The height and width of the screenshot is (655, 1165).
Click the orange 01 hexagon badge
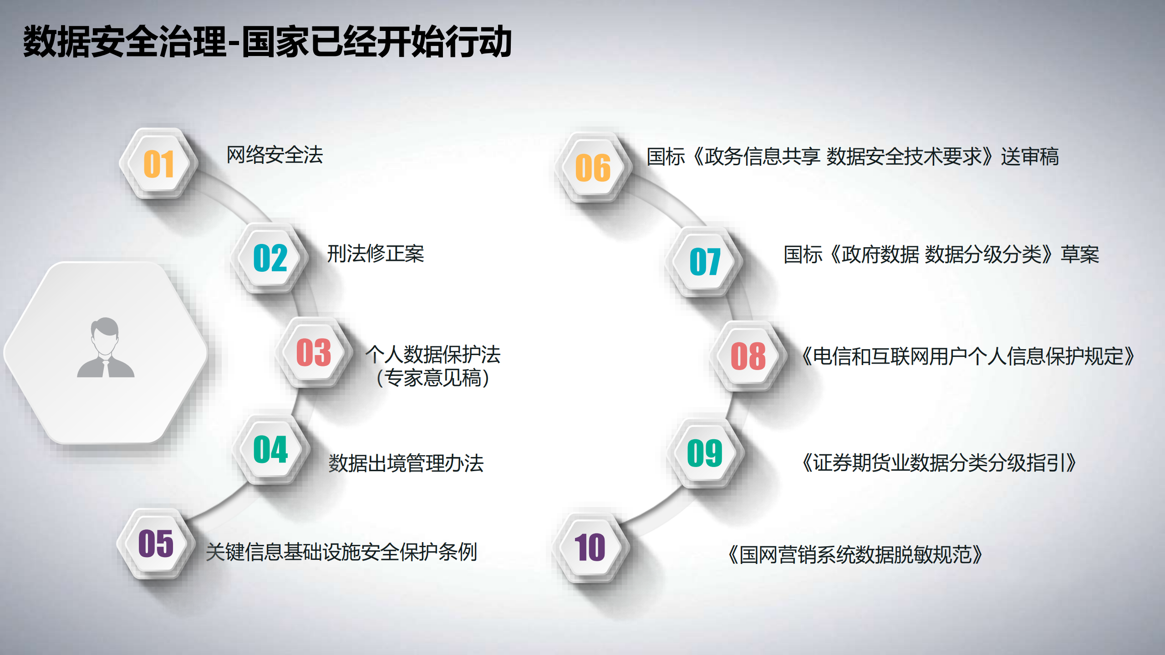pyautogui.click(x=158, y=164)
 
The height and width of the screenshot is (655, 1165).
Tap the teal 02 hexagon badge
pyautogui.click(x=270, y=258)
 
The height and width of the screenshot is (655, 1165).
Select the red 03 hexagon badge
pyautogui.click(x=314, y=352)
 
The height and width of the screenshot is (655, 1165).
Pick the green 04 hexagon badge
pyautogui.click(x=270, y=450)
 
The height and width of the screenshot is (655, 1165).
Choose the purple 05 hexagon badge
pyautogui.click(x=156, y=543)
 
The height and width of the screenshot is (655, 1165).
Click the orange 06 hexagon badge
pyautogui.click(x=593, y=168)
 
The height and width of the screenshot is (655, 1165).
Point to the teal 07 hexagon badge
pyautogui.click(x=705, y=261)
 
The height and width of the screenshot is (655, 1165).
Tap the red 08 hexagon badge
pyautogui.click(x=748, y=356)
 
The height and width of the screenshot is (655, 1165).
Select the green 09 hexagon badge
pyautogui.click(x=705, y=453)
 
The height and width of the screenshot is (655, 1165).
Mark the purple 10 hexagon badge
pyautogui.click(x=590, y=547)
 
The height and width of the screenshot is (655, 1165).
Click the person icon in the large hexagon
pyautogui.click(x=106, y=348)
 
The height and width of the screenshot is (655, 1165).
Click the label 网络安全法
pyautogui.click(x=275, y=155)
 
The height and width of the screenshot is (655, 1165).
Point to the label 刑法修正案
pyautogui.click(x=376, y=254)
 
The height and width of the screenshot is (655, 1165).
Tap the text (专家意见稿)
pyautogui.click(x=432, y=378)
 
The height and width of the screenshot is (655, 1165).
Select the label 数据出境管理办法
pyautogui.click(x=406, y=463)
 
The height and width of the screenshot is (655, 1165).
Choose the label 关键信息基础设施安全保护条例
pyautogui.click(x=341, y=552)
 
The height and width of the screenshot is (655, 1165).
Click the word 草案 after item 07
pyautogui.click(x=1079, y=254)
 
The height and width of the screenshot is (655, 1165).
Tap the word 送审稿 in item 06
pyautogui.click(x=1029, y=157)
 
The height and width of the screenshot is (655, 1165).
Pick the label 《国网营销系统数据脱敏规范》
pyautogui.click(x=855, y=555)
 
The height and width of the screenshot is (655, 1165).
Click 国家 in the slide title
pyautogui.click(x=275, y=42)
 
